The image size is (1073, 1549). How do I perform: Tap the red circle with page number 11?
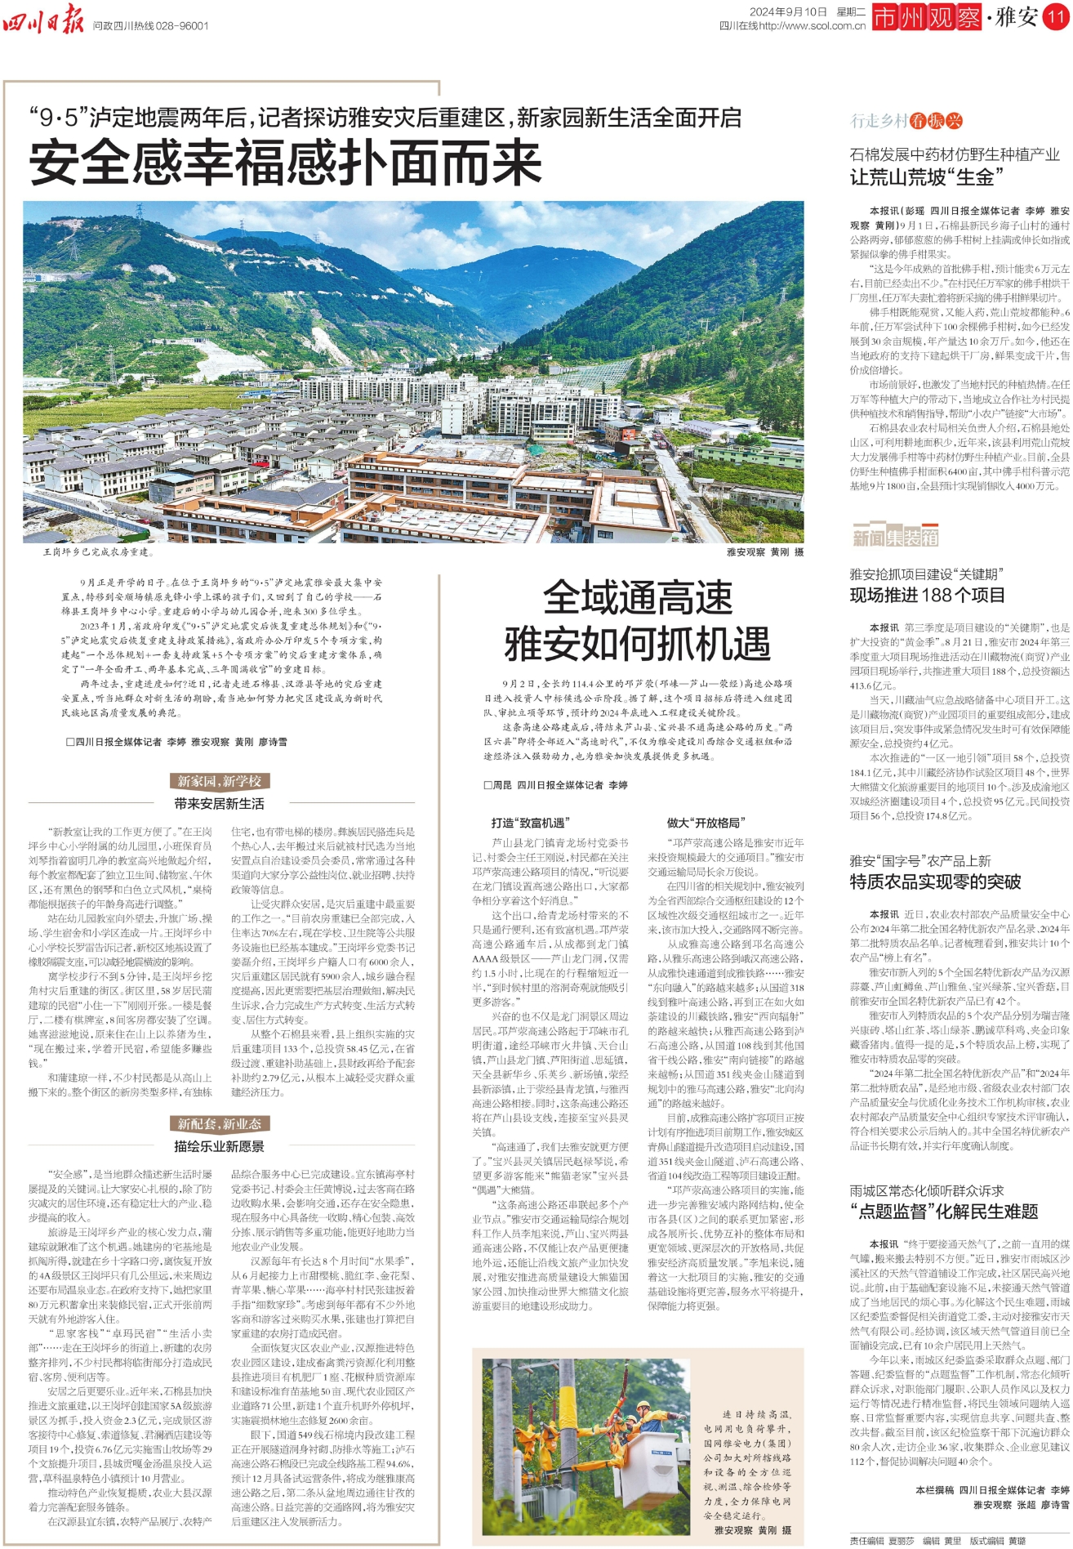pyautogui.click(x=1057, y=17)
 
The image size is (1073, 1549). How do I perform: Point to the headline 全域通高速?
pyautogui.click(x=638, y=597)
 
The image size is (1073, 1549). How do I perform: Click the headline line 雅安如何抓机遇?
pyautogui.click(x=638, y=644)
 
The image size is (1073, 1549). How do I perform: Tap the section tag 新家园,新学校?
pyautogui.click(x=219, y=781)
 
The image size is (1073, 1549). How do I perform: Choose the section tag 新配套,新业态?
pyautogui.click(x=219, y=1124)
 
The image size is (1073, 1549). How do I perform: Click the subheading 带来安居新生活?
pyautogui.click(x=219, y=804)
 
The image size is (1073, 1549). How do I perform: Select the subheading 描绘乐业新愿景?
pyautogui.click(x=219, y=1146)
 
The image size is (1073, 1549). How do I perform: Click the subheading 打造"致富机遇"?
pyautogui.click(x=529, y=823)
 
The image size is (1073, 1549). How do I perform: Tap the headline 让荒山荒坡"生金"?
pyautogui.click(x=926, y=176)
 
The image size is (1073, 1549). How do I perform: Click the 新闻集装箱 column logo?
pyautogui.click(x=895, y=537)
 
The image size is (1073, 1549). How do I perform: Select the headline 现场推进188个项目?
pyautogui.click(x=927, y=595)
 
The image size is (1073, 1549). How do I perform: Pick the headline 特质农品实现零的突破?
pyautogui.click(x=935, y=882)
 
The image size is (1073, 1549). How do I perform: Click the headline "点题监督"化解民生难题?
pyautogui.click(x=944, y=1211)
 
